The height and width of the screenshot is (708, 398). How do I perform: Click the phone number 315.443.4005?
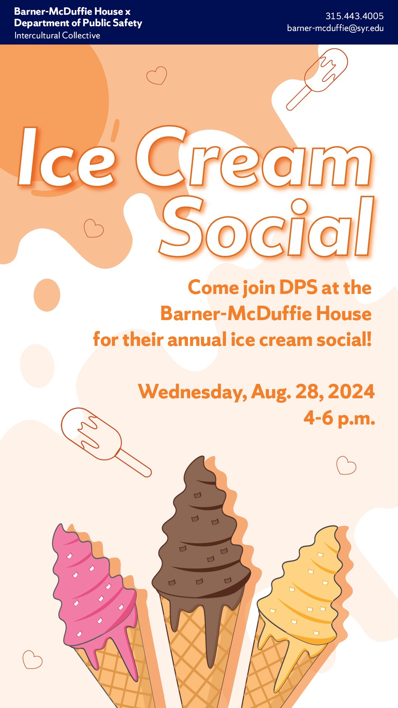[354, 16]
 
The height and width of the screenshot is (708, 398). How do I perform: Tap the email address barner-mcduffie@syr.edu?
[335, 28]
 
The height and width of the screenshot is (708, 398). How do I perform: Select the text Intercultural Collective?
[57, 36]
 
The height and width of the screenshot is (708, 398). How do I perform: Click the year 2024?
[351, 392]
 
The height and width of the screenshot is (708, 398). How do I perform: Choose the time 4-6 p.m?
[339, 418]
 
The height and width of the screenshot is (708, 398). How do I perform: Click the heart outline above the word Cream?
[157, 75]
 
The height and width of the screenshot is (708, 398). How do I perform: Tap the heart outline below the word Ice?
[93, 228]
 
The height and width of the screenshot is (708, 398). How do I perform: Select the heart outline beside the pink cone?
[32, 659]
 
